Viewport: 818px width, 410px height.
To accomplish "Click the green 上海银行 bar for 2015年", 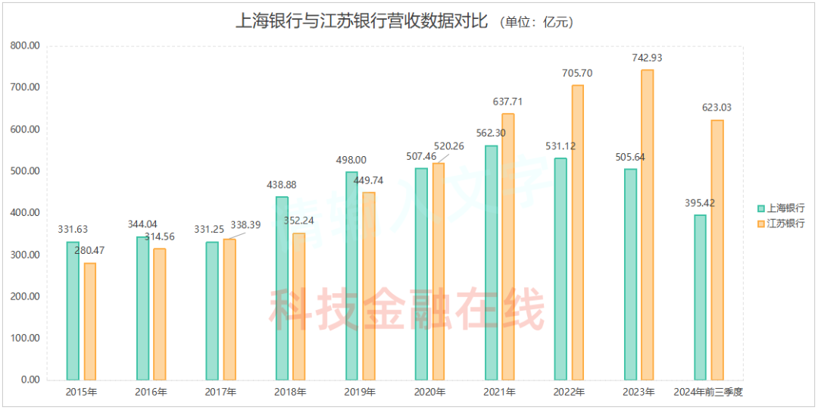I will coord(73,311).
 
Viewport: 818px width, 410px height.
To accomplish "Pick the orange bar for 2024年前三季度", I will coord(717,249).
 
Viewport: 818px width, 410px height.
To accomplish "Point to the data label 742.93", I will coord(648,58).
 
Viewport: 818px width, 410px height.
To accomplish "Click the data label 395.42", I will coord(699,203).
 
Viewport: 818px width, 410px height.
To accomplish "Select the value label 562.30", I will coord(491,133).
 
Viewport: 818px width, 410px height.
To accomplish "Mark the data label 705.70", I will coord(578,74).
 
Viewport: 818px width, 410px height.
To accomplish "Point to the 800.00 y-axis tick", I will coord(25,45).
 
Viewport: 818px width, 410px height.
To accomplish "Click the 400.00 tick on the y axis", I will coord(25,213).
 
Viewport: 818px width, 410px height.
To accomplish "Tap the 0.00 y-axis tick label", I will coord(30,380).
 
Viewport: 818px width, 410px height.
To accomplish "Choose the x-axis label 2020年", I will coord(429,393).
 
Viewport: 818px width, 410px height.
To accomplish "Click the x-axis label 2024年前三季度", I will coord(708,393).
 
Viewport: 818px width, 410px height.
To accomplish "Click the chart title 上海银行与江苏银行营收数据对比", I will coord(361,20).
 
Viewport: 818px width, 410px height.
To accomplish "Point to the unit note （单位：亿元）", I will coord(536,22).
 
